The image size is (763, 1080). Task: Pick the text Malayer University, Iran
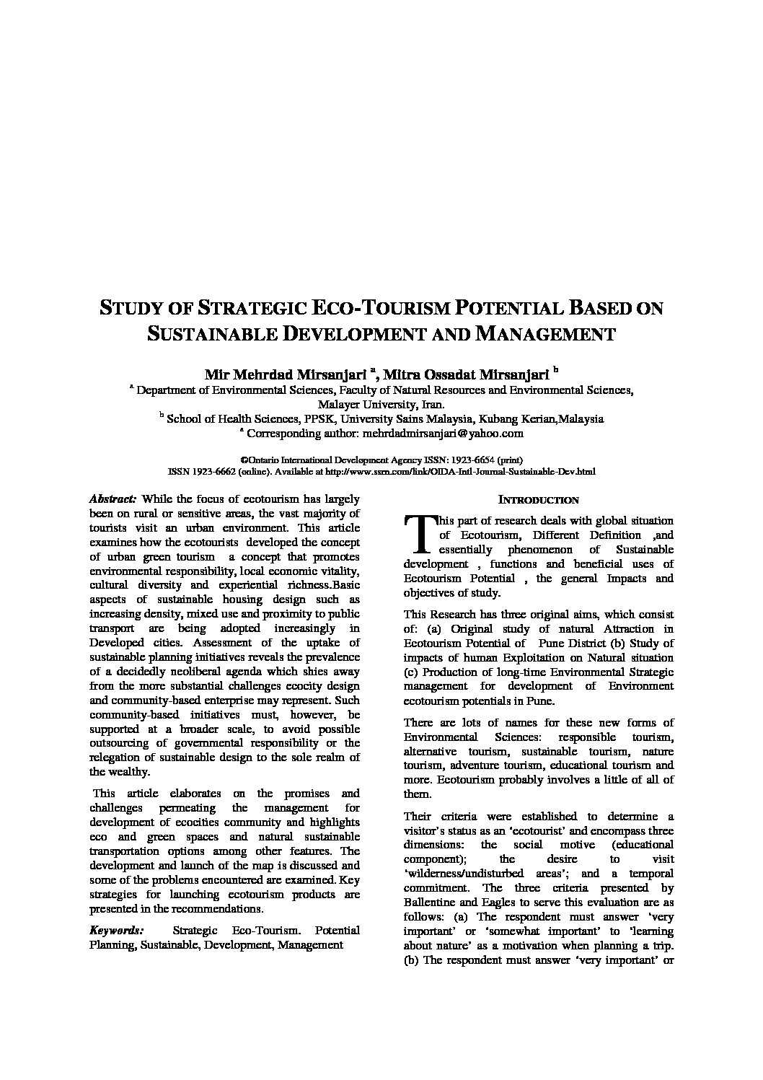pos(381,405)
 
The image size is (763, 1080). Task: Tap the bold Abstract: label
pos(113,499)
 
